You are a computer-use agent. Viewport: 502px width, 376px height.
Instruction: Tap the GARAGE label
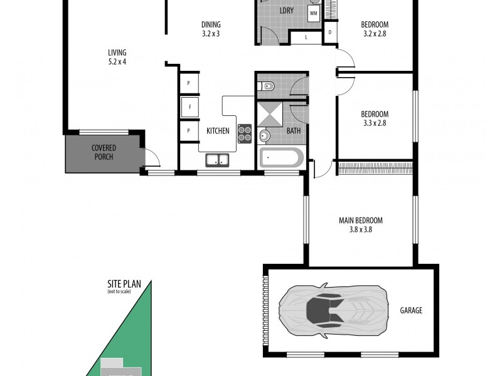click(411, 310)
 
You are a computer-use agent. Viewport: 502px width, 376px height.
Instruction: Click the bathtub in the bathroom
click(281, 157)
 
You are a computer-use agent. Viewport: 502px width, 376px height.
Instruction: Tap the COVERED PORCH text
click(104, 152)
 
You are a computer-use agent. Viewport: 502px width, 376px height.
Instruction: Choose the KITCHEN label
click(218, 131)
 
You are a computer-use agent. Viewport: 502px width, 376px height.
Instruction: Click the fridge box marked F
click(189, 107)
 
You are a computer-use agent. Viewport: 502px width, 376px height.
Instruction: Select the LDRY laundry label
click(286, 12)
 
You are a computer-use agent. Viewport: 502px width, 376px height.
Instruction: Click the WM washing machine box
click(313, 13)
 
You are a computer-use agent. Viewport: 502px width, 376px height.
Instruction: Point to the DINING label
click(211, 25)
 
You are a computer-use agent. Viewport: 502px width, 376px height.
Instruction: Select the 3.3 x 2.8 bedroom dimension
click(375, 123)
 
